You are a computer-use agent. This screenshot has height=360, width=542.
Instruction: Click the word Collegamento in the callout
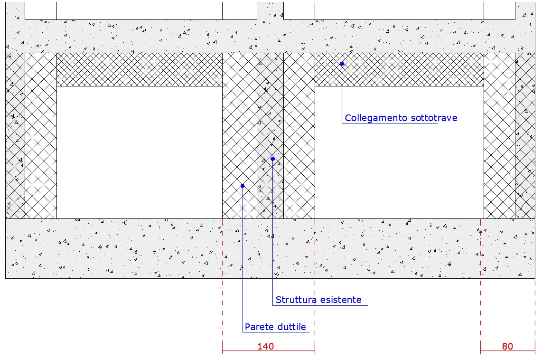tap(376, 118)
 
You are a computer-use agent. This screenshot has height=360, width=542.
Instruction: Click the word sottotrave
tap(434, 118)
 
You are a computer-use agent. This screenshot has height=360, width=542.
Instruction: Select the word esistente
tap(339, 300)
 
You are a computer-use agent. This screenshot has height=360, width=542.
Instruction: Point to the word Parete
tap(258, 327)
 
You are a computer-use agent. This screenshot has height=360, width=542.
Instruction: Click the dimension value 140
tap(265, 346)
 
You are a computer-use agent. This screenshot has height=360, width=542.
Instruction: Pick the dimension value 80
tap(507, 346)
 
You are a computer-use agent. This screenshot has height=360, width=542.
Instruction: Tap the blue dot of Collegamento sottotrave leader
tap(342, 64)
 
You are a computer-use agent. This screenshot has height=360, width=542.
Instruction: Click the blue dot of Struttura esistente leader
tap(273, 159)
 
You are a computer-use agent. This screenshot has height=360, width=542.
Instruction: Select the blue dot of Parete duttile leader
tap(243, 186)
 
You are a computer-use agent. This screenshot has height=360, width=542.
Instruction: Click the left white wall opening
tap(140, 152)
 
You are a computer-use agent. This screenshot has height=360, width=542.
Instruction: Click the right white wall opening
tap(399, 152)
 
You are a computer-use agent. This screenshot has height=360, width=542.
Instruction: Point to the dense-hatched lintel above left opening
tap(140, 69)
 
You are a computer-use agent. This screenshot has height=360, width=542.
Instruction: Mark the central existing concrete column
tap(271, 135)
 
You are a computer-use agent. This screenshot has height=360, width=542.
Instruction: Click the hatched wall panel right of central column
tap(299, 135)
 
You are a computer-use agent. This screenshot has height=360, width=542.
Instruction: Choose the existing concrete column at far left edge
tap(15, 135)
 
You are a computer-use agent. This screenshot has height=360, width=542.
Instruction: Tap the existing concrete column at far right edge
tap(525, 135)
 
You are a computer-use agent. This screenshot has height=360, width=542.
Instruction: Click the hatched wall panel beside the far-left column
tap(41, 135)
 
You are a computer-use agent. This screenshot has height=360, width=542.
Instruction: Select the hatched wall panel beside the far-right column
tap(499, 135)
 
